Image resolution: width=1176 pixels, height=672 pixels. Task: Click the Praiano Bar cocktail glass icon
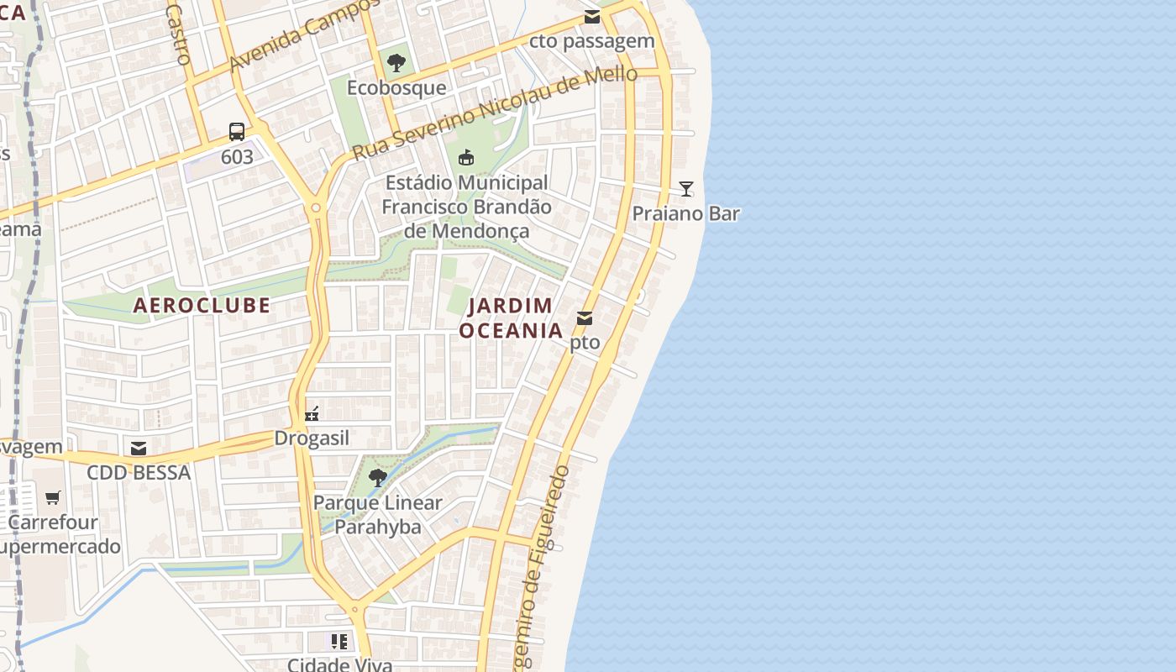[x=686, y=189]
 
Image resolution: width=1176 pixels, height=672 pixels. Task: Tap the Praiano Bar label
[x=685, y=213]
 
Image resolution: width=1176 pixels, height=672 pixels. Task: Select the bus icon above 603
[x=237, y=132]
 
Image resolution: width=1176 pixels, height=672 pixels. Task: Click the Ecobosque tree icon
[x=396, y=62]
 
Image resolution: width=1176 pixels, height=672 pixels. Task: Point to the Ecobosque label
[x=396, y=87]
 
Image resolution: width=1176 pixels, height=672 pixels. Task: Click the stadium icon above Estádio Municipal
[x=466, y=157]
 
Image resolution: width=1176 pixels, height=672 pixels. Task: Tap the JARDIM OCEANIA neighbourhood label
[x=511, y=318]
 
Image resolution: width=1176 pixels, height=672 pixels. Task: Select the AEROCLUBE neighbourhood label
[x=202, y=305]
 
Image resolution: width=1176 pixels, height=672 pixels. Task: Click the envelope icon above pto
[x=585, y=318]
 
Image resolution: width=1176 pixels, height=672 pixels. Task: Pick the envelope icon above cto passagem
[x=592, y=17]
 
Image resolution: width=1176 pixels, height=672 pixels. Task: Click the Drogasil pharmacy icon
[x=312, y=413]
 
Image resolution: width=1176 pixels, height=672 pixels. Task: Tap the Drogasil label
[x=312, y=438]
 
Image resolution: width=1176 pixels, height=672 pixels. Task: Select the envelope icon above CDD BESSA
[x=139, y=448]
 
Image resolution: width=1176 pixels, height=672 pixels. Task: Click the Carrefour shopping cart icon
[x=53, y=497]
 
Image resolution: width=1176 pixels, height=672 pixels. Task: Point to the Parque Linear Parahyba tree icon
[x=378, y=478]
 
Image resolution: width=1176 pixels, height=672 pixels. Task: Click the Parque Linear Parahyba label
[x=377, y=515]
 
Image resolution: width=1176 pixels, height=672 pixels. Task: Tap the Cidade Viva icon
[x=339, y=643]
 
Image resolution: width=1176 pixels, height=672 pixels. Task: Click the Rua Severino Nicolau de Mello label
[x=495, y=114]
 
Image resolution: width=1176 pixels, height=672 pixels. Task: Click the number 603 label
[x=237, y=157]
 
